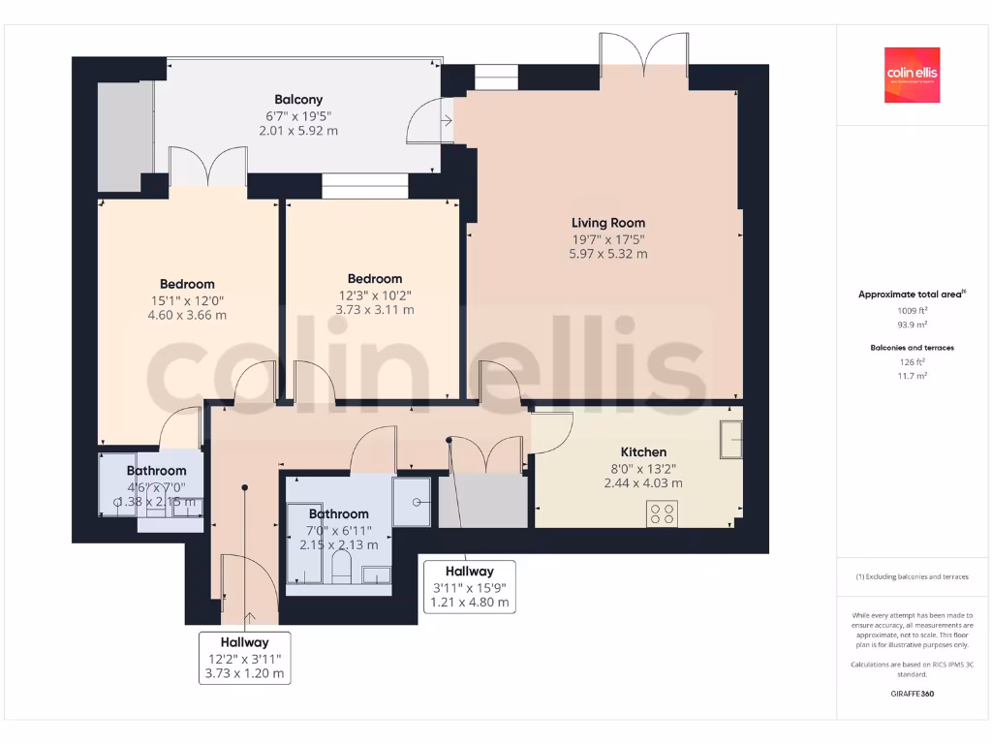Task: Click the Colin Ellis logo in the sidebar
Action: point(912,75)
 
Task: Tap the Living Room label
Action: point(607,223)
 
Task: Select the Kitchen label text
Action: point(643,451)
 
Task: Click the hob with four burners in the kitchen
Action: point(663,514)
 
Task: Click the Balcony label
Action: point(298,99)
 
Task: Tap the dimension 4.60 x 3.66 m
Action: point(187,315)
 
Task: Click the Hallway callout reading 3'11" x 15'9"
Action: point(469,587)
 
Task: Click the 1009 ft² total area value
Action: point(912,311)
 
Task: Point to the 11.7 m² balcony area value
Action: point(912,375)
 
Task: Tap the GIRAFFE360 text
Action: point(912,694)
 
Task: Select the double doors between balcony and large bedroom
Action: point(207,167)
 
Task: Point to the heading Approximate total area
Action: point(912,294)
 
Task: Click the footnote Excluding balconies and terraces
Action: point(912,576)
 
